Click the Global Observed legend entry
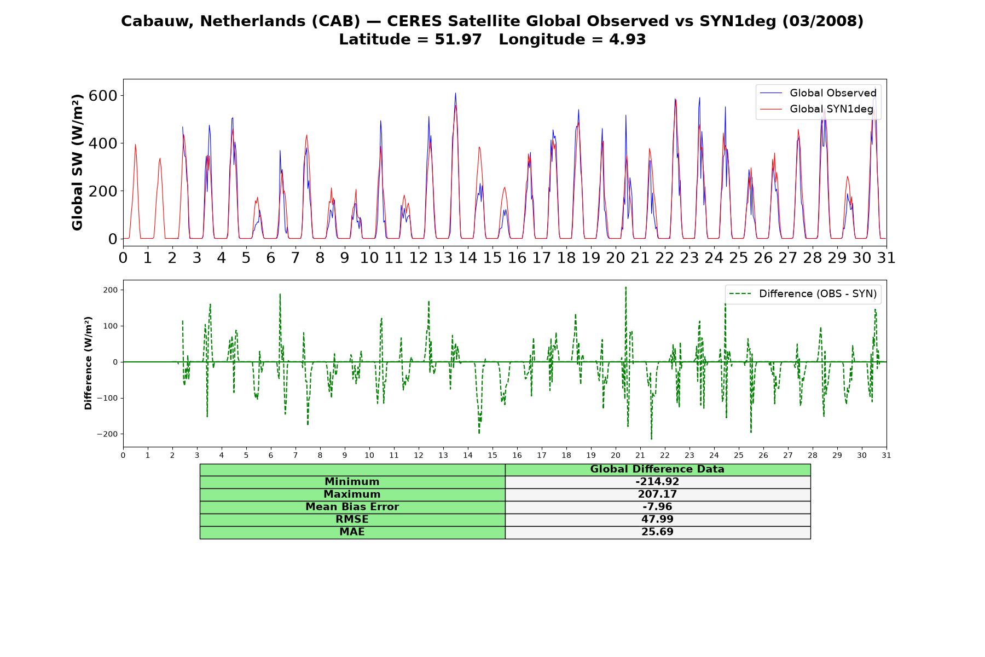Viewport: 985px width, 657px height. (819, 93)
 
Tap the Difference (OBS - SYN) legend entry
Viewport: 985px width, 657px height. (803, 294)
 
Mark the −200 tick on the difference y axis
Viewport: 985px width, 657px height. (107, 434)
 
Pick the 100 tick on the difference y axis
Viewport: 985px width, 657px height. (111, 326)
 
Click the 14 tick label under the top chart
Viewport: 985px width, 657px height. (468, 258)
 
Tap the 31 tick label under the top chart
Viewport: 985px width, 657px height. (887, 258)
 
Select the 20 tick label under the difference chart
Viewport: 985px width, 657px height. (616, 456)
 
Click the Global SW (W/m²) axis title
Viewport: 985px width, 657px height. (78, 162)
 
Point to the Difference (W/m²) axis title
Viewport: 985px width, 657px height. (88, 363)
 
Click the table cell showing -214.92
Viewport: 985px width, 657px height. (657, 482)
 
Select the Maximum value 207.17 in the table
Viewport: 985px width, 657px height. (657, 494)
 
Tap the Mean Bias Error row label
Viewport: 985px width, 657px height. (352, 507)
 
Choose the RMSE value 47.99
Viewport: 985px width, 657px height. (657, 520)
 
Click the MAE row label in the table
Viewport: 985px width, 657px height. (352, 532)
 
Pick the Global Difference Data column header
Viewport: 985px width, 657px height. (657, 469)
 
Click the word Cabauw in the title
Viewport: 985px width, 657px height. (158, 21)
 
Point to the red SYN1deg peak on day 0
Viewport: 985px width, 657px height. (135, 145)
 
